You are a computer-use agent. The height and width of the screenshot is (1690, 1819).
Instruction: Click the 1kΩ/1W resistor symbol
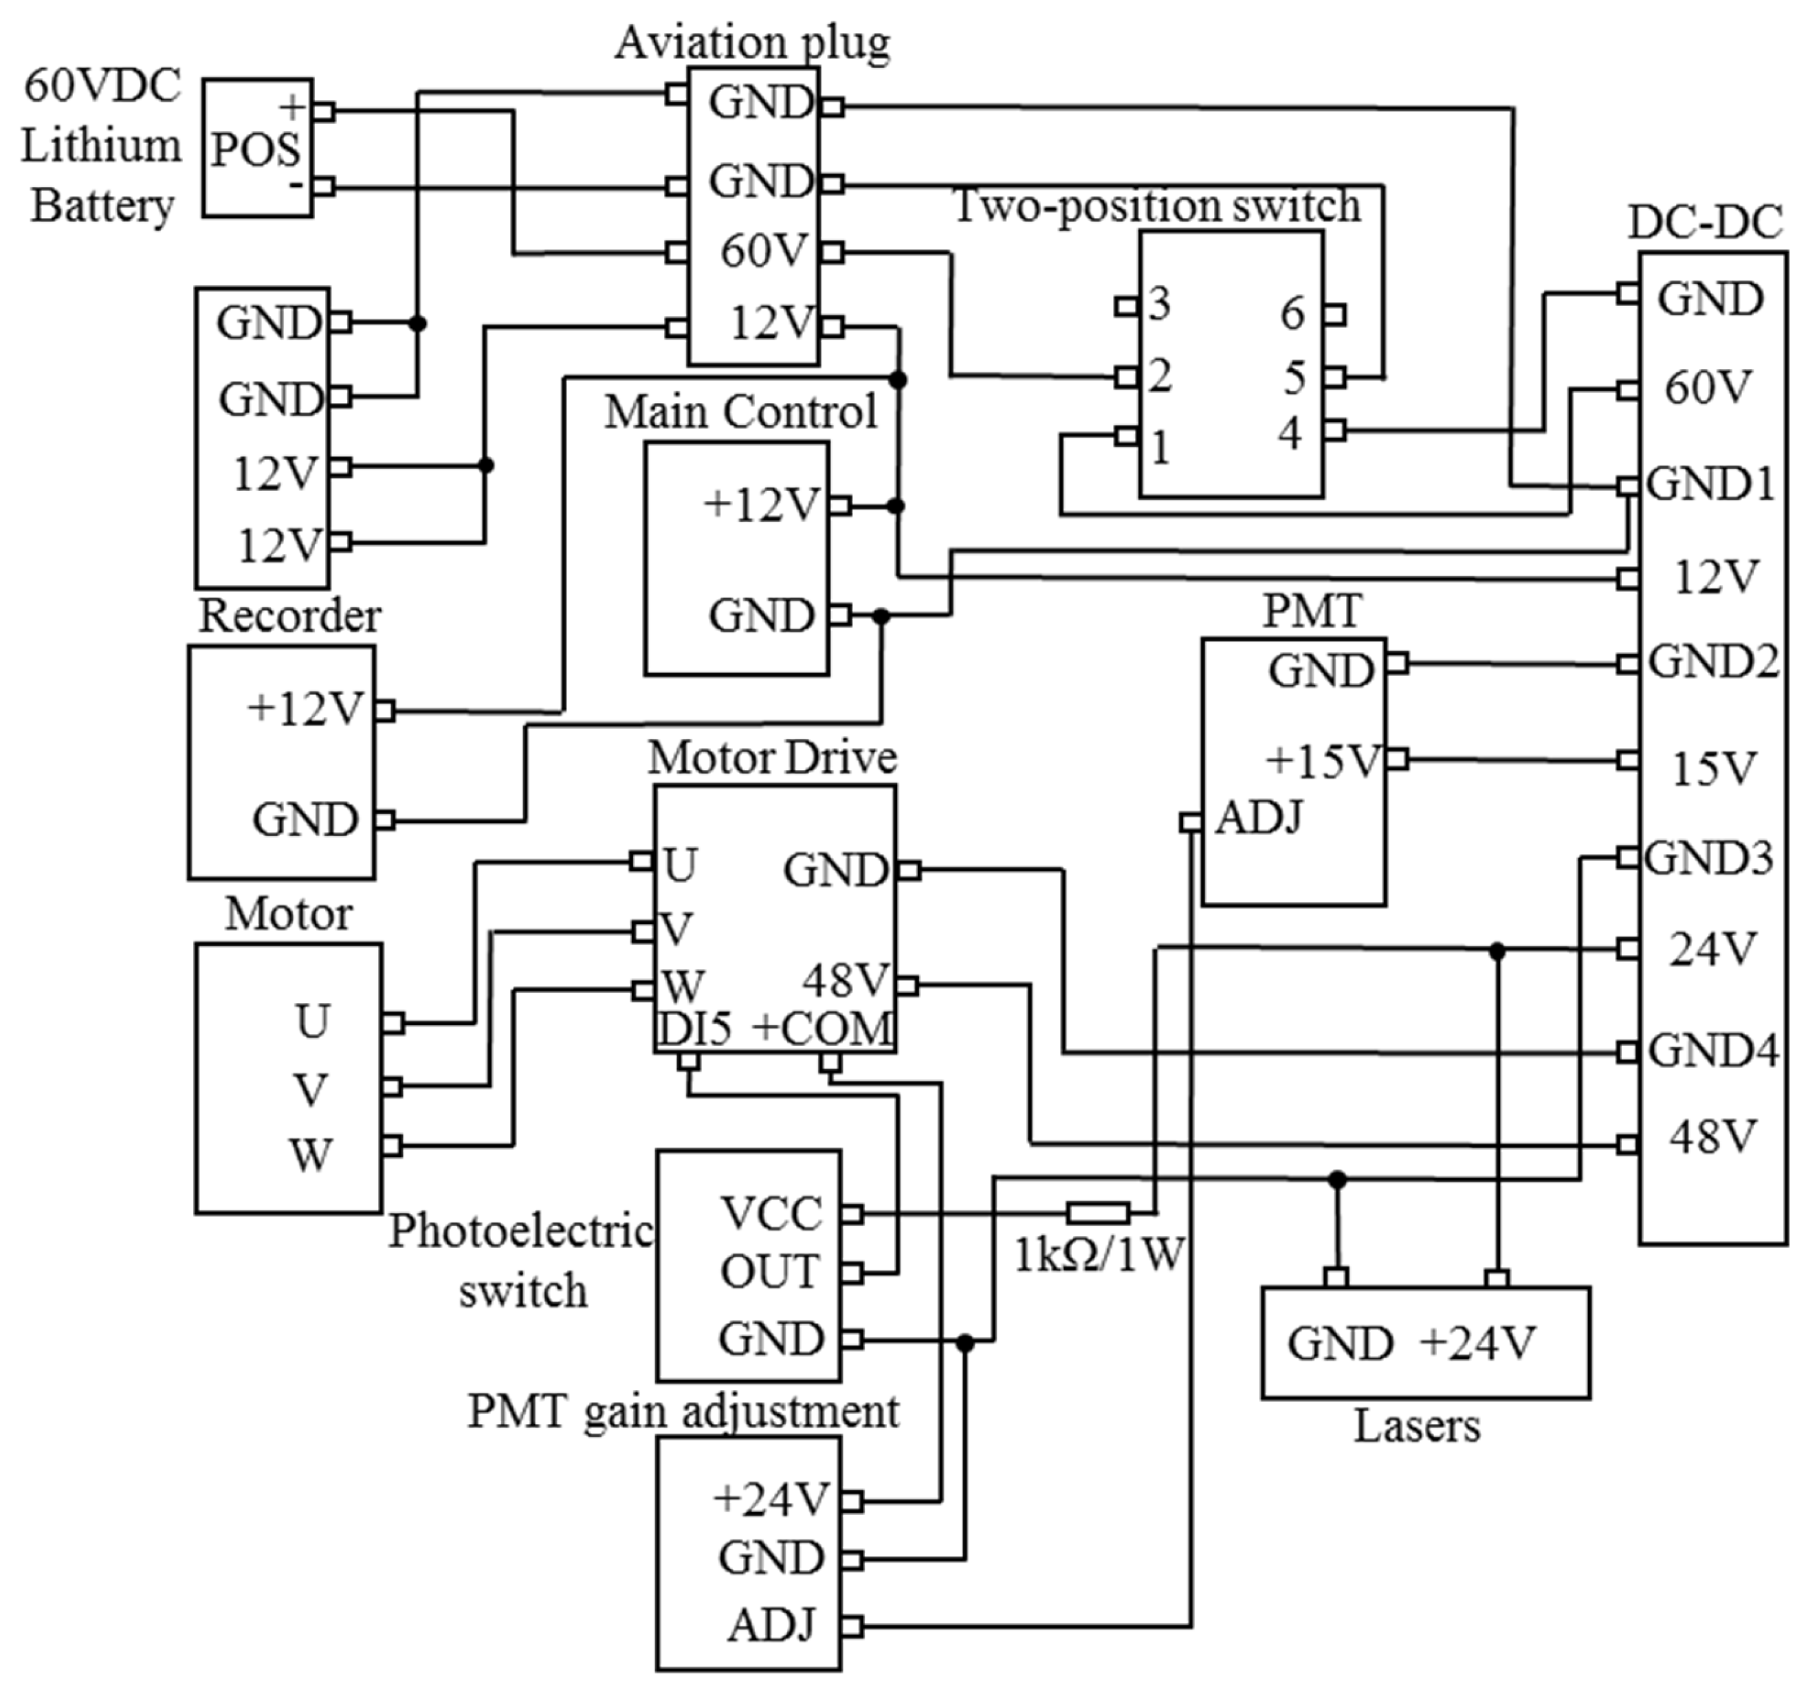pos(1097,1214)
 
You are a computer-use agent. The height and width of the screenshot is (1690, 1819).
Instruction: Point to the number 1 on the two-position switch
pos(1160,448)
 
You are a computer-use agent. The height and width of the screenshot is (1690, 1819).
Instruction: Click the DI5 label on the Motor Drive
pos(695,1029)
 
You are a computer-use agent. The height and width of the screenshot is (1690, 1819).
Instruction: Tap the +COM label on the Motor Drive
pos(822,1029)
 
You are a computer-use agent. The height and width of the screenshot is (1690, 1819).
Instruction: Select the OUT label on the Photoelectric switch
pos(769,1272)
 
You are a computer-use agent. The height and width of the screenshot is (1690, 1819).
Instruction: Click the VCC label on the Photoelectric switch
pos(771,1214)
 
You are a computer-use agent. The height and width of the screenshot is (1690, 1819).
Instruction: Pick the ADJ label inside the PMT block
pos(1257,817)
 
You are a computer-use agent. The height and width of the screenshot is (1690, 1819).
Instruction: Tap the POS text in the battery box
pos(255,150)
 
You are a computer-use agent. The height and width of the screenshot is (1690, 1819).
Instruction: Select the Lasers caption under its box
pos(1415,1426)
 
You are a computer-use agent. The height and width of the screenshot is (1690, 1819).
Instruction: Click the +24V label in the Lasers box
pos(1476,1343)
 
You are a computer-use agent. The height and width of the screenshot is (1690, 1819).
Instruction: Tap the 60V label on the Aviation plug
pos(764,250)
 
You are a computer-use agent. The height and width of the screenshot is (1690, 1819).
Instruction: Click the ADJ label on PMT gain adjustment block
pos(770,1625)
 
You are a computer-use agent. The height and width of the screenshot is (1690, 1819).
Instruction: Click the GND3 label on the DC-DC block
pos(1708,858)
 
